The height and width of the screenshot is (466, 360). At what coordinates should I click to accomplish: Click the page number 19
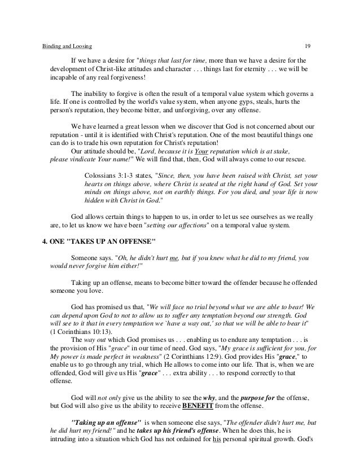[308, 45]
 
